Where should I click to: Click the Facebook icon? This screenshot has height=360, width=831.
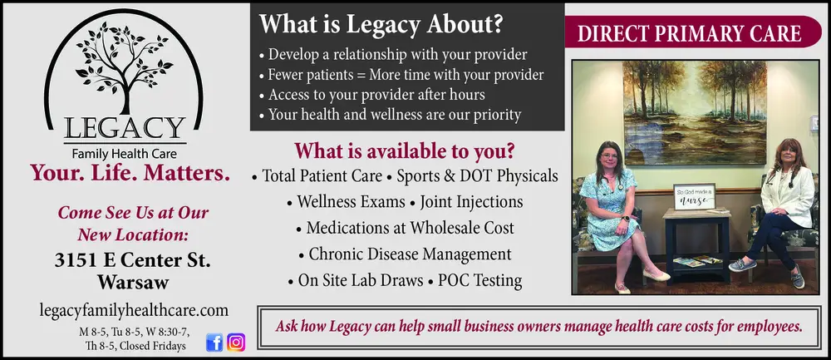click(214, 342)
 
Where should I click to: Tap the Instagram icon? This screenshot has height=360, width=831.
click(236, 342)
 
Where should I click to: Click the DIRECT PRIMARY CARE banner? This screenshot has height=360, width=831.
click(689, 34)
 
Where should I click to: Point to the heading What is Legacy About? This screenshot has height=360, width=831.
click(381, 24)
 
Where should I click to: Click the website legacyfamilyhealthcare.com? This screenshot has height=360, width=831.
click(134, 309)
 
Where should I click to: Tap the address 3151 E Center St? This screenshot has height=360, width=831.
click(133, 259)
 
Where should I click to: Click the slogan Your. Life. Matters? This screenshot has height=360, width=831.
click(130, 173)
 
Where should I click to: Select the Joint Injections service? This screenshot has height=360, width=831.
click(471, 201)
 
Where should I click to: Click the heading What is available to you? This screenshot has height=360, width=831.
click(405, 151)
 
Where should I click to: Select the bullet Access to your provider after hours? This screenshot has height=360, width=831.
click(384, 95)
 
